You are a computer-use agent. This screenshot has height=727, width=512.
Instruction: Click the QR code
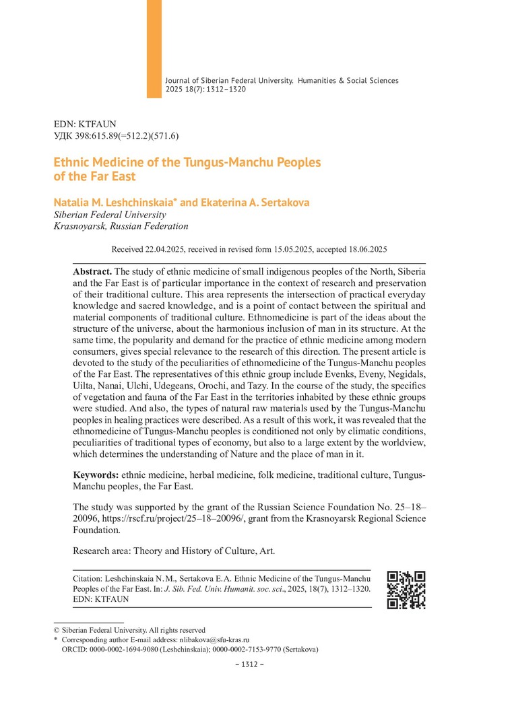click(406, 590)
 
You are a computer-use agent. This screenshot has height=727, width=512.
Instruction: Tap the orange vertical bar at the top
click(154, 48)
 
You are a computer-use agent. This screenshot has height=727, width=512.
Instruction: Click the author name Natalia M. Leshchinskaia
click(114, 203)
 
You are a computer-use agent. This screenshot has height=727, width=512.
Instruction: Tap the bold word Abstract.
click(92, 270)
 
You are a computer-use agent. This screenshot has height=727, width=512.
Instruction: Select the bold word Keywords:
click(96, 475)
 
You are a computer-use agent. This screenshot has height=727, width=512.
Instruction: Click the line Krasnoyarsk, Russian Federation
click(121, 226)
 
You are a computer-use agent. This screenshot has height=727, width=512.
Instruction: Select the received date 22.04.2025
click(164, 249)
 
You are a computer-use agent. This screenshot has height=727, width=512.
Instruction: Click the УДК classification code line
click(116, 135)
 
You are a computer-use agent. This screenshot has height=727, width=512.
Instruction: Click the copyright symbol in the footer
click(56, 630)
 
